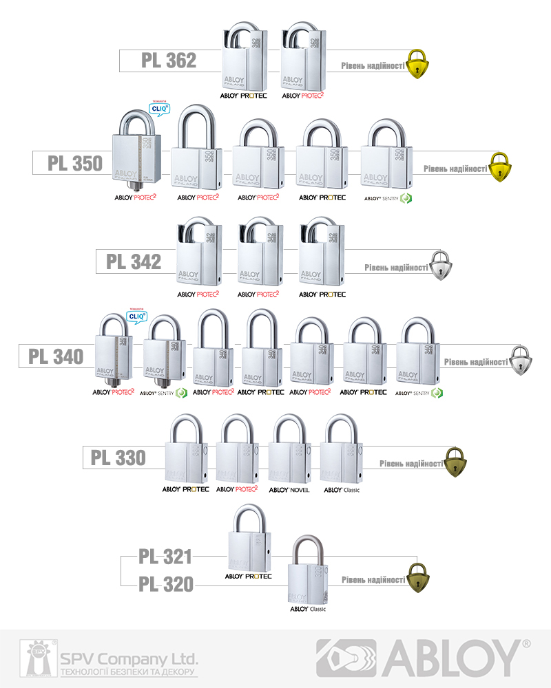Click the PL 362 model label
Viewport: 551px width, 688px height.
point(169,61)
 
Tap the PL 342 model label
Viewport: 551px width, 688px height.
point(134,262)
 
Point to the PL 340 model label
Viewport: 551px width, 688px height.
point(56,356)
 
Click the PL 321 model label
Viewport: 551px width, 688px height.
point(165,557)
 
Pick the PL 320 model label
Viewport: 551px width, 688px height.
point(165,585)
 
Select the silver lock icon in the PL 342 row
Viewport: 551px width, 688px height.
point(441,266)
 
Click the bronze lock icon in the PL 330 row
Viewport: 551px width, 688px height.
point(454,462)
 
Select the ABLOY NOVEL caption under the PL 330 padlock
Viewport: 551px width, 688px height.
point(289,490)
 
